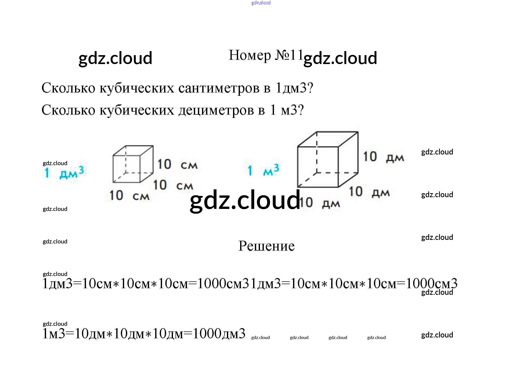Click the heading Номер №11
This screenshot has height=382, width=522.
coord(266,55)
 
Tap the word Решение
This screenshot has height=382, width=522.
coord(266,246)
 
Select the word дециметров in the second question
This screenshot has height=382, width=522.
coord(216,110)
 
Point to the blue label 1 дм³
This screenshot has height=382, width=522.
coord(64,173)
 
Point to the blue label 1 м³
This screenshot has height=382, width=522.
coord(263,170)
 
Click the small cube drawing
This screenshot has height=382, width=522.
coord(133,164)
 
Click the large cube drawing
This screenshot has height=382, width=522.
coord(327,160)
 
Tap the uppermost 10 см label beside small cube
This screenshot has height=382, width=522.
coord(177,164)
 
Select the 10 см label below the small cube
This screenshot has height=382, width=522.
coord(129,196)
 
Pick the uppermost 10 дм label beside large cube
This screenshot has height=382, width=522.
coord(383,157)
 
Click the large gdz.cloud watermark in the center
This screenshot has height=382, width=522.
coord(245,201)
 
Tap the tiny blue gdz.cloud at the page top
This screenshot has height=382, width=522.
coord(261,3)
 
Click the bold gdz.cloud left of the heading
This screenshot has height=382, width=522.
coord(115,58)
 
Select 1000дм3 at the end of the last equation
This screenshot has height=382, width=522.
coord(219,333)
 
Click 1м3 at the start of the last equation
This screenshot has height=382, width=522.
coord(54,333)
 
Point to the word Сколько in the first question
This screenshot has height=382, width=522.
coord(68,88)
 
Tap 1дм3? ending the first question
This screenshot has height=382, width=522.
coord(294,88)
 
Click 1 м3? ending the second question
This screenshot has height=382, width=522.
coord(287,110)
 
